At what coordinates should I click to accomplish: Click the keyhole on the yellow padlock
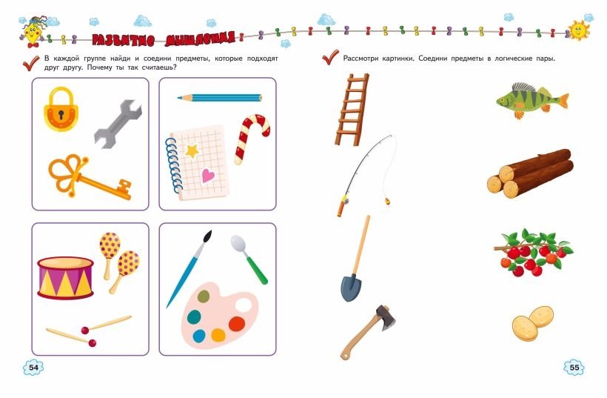pos(61,114)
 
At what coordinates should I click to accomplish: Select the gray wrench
pos(118,124)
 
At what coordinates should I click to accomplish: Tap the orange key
pos(90,177)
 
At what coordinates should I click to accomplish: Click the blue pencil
pos(220,98)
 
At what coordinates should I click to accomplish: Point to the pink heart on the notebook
pos(207,176)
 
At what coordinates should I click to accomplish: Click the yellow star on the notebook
pos(192,150)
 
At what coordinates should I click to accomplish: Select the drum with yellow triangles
pos(65,278)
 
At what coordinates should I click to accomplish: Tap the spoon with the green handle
pos(249,259)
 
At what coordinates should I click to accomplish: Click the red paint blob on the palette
pos(237,324)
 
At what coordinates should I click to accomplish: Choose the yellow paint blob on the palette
pos(218,335)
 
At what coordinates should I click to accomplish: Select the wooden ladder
pos(352,109)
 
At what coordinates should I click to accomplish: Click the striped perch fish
pos(533,100)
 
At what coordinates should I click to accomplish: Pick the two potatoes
pos(533,324)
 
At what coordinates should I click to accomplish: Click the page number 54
pos(33,367)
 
